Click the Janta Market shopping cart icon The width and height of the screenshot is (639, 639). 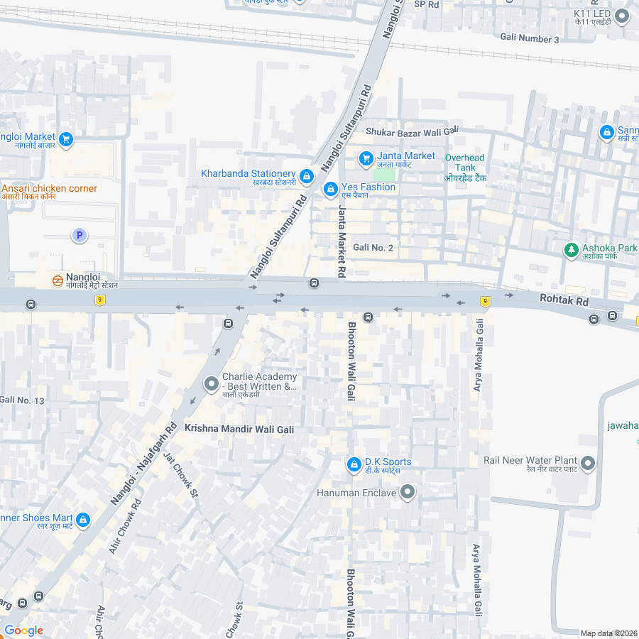tap(366, 158)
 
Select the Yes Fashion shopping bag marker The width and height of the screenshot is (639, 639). tap(330, 190)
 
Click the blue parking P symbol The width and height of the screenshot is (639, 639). tap(80, 235)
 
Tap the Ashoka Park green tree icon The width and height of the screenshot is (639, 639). tap(571, 250)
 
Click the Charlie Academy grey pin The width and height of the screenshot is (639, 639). tap(211, 384)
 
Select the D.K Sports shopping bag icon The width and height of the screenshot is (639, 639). tap(354, 464)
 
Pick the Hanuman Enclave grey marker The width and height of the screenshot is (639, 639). tap(408, 491)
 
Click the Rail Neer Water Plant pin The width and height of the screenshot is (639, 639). tap(588, 464)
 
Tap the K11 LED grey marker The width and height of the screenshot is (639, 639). tap(622, 16)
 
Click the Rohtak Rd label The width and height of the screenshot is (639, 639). tap(564, 301)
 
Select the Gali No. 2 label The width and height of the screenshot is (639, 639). tap(373, 247)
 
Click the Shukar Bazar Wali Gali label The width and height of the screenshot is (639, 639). tap(413, 131)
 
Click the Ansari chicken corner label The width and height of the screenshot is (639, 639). tap(50, 188)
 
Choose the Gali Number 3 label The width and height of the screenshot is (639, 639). tap(530, 38)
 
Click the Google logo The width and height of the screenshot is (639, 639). tap(23, 630)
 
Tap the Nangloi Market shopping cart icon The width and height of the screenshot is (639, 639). tap(66, 139)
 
